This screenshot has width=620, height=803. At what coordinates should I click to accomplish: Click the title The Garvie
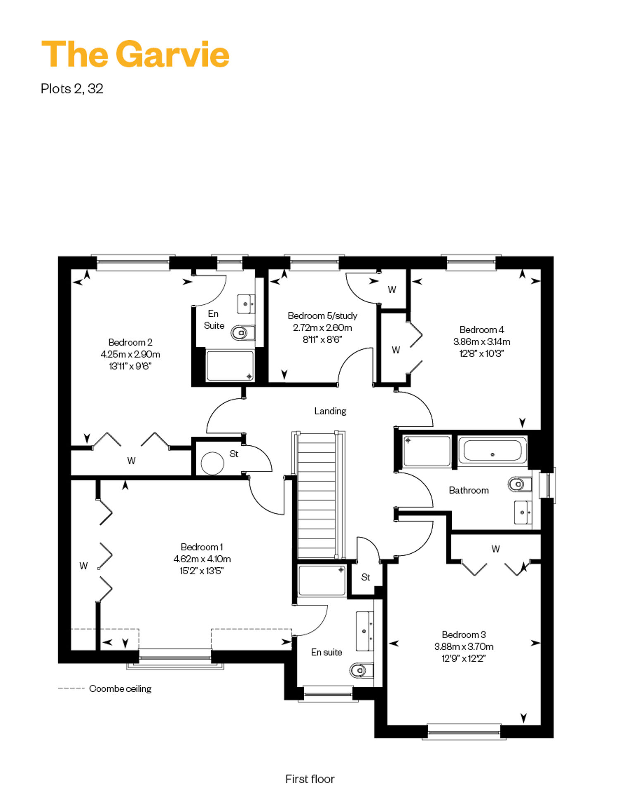coord(136,54)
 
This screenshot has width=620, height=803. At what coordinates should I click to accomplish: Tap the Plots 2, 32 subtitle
coord(72,88)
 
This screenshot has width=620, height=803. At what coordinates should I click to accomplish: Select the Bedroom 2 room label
coord(130,342)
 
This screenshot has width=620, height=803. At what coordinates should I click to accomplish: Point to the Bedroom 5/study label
coord(322,315)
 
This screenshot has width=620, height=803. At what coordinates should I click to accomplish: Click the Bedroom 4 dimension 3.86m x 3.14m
coord(482,342)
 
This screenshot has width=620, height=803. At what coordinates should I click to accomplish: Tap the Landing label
coord(330,411)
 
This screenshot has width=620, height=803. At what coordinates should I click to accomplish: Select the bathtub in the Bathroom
coord(492,451)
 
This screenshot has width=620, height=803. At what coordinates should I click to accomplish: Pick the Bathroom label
coord(469,490)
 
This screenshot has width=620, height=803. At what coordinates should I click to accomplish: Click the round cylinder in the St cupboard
coord(212,463)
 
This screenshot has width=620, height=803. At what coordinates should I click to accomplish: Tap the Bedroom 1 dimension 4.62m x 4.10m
coord(202,559)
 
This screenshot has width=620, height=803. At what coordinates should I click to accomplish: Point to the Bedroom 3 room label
coord(464,634)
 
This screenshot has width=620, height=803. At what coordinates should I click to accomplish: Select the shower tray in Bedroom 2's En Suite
coord(230,366)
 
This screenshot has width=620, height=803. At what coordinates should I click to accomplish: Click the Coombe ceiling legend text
coord(120,688)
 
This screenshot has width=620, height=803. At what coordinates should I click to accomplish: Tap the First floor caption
coord(310,779)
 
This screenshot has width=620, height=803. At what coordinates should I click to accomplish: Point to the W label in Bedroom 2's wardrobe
coord(131,461)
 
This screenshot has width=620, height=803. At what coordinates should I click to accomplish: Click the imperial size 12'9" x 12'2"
coord(463,658)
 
